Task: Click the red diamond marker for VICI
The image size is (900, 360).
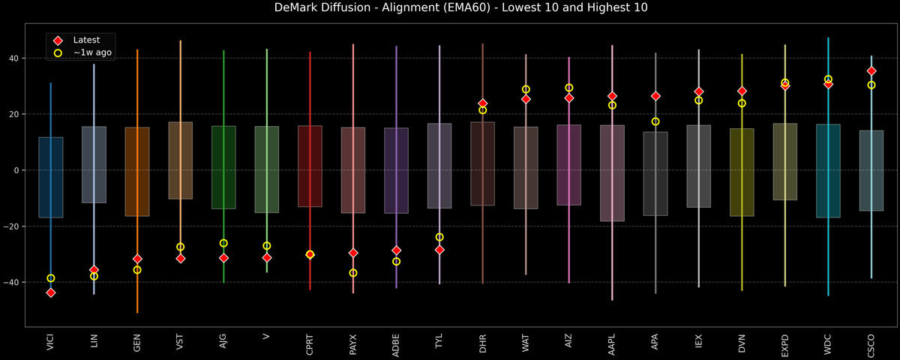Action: click(x=51, y=292)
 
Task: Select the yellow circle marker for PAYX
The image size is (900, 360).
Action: click(x=353, y=273)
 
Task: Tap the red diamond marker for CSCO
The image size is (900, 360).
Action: click(x=871, y=71)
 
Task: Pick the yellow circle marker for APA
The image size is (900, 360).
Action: click(x=655, y=121)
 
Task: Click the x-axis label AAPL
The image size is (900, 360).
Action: click(x=613, y=343)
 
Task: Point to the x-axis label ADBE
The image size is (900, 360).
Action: click(x=397, y=343)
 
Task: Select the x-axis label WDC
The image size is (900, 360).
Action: click(x=829, y=343)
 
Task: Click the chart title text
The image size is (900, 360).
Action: click(x=450, y=8)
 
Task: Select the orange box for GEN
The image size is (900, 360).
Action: click(x=137, y=172)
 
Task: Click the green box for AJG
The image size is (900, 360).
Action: click(x=223, y=167)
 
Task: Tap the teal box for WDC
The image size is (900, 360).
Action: click(x=828, y=171)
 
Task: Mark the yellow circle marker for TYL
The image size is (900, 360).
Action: click(x=439, y=237)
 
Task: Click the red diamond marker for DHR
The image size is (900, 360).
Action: click(x=483, y=103)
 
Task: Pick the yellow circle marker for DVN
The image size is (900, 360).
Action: click(x=742, y=103)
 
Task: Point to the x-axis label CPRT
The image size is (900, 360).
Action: click(x=310, y=343)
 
